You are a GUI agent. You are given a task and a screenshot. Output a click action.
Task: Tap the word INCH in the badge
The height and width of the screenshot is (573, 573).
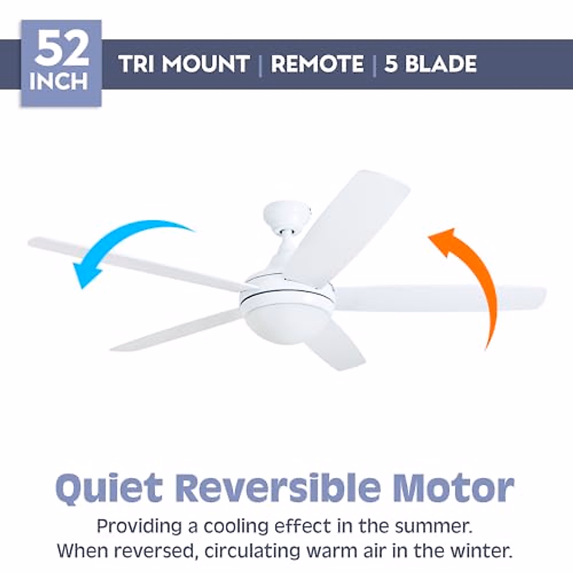[x=59, y=81]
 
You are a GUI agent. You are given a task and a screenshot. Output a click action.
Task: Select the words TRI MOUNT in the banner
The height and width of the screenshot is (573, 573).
[x=184, y=64]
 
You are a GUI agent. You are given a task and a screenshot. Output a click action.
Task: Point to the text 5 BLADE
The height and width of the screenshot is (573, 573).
[x=430, y=64]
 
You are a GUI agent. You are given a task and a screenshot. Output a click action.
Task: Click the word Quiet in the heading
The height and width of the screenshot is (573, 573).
[x=108, y=488]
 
